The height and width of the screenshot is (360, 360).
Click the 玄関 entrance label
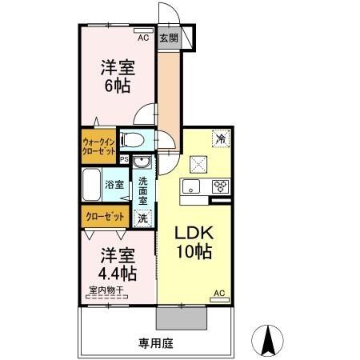pyautogui.click(x=169, y=38)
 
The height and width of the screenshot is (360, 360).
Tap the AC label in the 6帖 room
pyautogui.click(x=143, y=38)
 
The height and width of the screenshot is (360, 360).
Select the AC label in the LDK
pyautogui.click(x=218, y=294)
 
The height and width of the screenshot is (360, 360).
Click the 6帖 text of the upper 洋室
pyautogui.click(x=117, y=85)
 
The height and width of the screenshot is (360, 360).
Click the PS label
pyautogui.click(x=124, y=159)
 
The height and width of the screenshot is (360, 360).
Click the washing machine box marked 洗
pyautogui.click(x=142, y=217)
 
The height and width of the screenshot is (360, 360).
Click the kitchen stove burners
pyautogui.click(x=221, y=187)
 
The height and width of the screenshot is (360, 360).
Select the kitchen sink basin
pyautogui.click(x=190, y=187)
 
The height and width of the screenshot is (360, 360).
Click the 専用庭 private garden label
pyautogui.click(x=155, y=343)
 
